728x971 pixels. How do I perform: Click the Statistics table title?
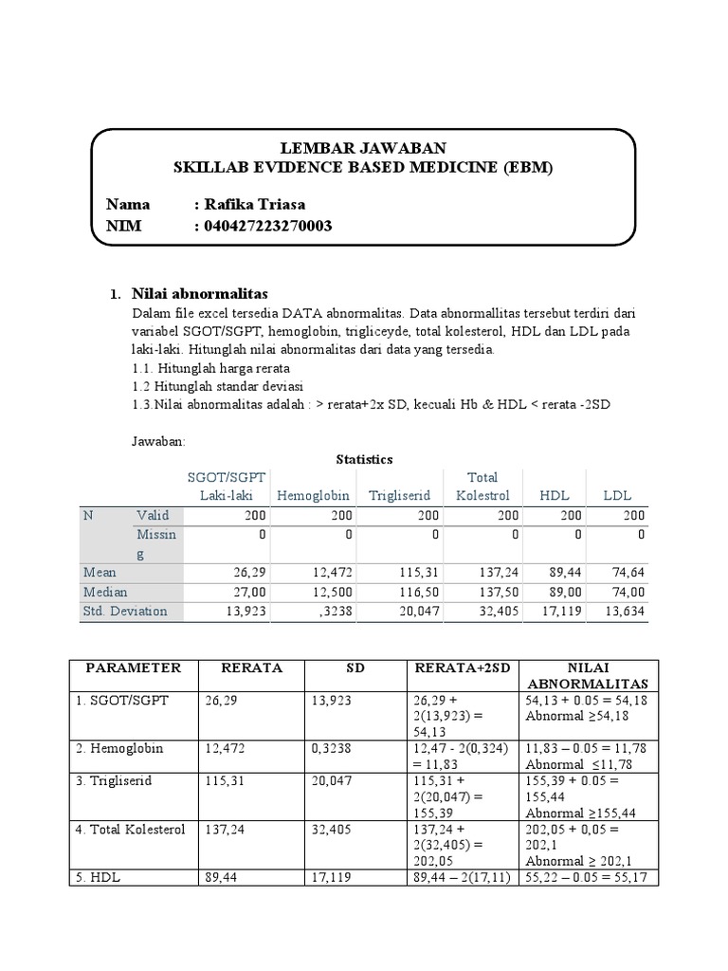tap(364, 459)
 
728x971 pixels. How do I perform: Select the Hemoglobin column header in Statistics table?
tap(313, 495)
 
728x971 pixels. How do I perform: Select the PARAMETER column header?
tap(133, 668)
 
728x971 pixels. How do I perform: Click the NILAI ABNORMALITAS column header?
tap(587, 675)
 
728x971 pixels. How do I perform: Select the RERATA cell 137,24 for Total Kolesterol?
tap(225, 828)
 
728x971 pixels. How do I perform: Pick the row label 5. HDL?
tap(99, 877)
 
